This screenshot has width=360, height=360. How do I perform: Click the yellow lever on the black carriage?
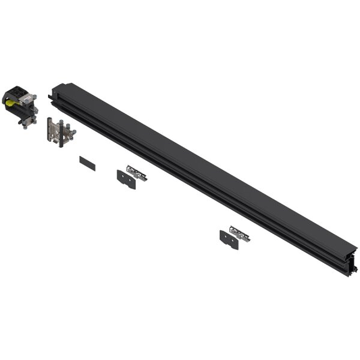(x=12, y=103)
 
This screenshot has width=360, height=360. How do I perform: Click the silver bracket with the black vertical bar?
(x=60, y=131)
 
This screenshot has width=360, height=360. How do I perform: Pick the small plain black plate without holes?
(x=87, y=163)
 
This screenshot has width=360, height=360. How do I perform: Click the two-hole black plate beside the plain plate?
(x=126, y=179)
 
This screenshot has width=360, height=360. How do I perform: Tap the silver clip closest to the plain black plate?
(x=137, y=173)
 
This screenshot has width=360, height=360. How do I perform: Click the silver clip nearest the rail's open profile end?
(x=240, y=234)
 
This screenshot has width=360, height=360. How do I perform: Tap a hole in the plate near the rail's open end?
(x=225, y=238)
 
